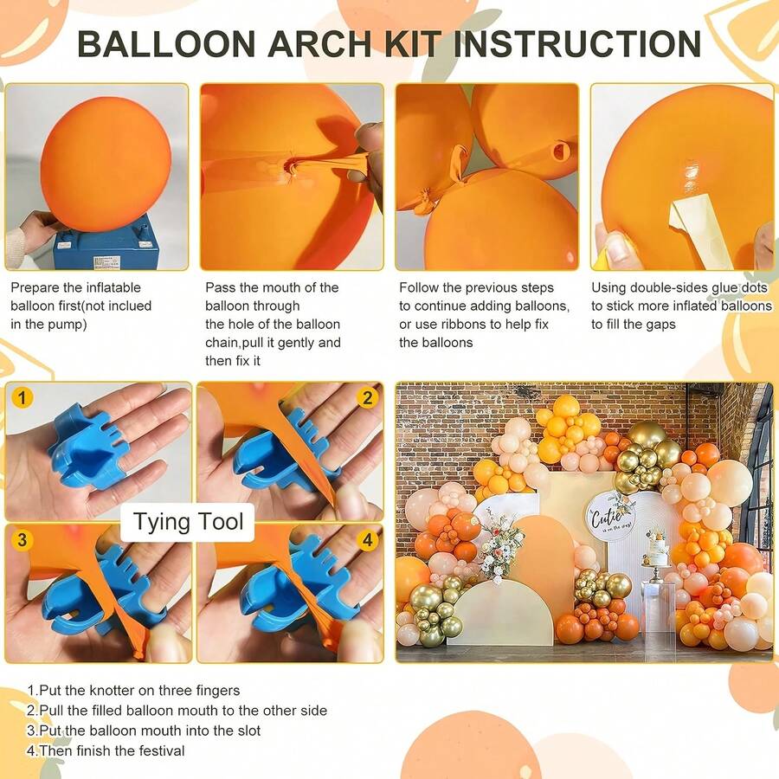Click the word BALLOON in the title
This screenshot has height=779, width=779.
(167, 44)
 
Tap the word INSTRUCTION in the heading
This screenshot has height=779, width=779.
(576, 44)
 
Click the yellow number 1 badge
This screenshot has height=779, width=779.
(22, 397)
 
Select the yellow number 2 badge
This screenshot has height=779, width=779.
(367, 397)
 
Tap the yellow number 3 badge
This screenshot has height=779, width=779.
(22, 539)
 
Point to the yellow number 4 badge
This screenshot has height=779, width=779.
(367, 539)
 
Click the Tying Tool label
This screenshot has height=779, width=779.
(188, 522)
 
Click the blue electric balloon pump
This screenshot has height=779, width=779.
(106, 244)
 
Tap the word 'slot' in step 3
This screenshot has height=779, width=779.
(247, 731)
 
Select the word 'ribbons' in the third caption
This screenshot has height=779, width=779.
(458, 324)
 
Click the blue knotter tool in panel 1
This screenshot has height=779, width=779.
(90, 447)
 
